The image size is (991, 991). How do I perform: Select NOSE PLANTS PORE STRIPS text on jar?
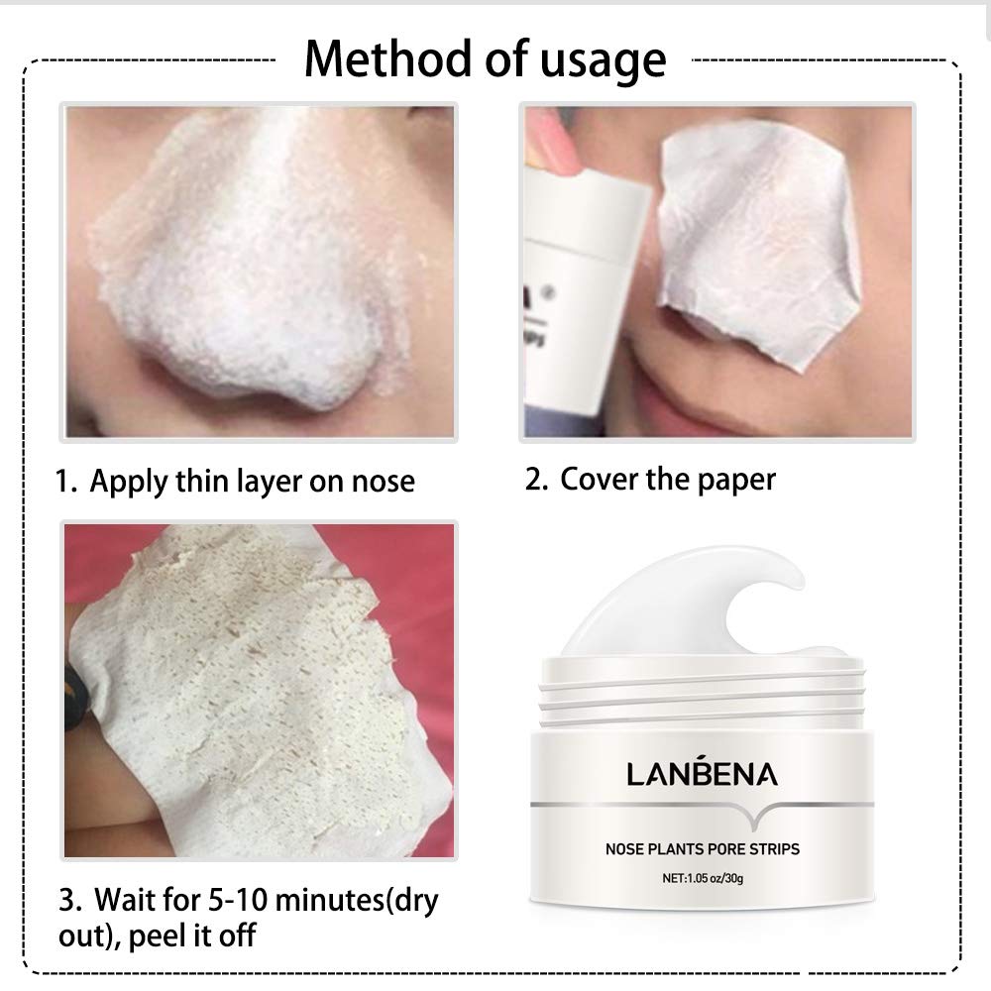(x=703, y=848)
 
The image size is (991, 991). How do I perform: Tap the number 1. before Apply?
(x=65, y=483)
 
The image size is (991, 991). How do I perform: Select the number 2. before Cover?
(x=536, y=481)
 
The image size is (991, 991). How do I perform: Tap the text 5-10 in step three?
(x=236, y=903)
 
